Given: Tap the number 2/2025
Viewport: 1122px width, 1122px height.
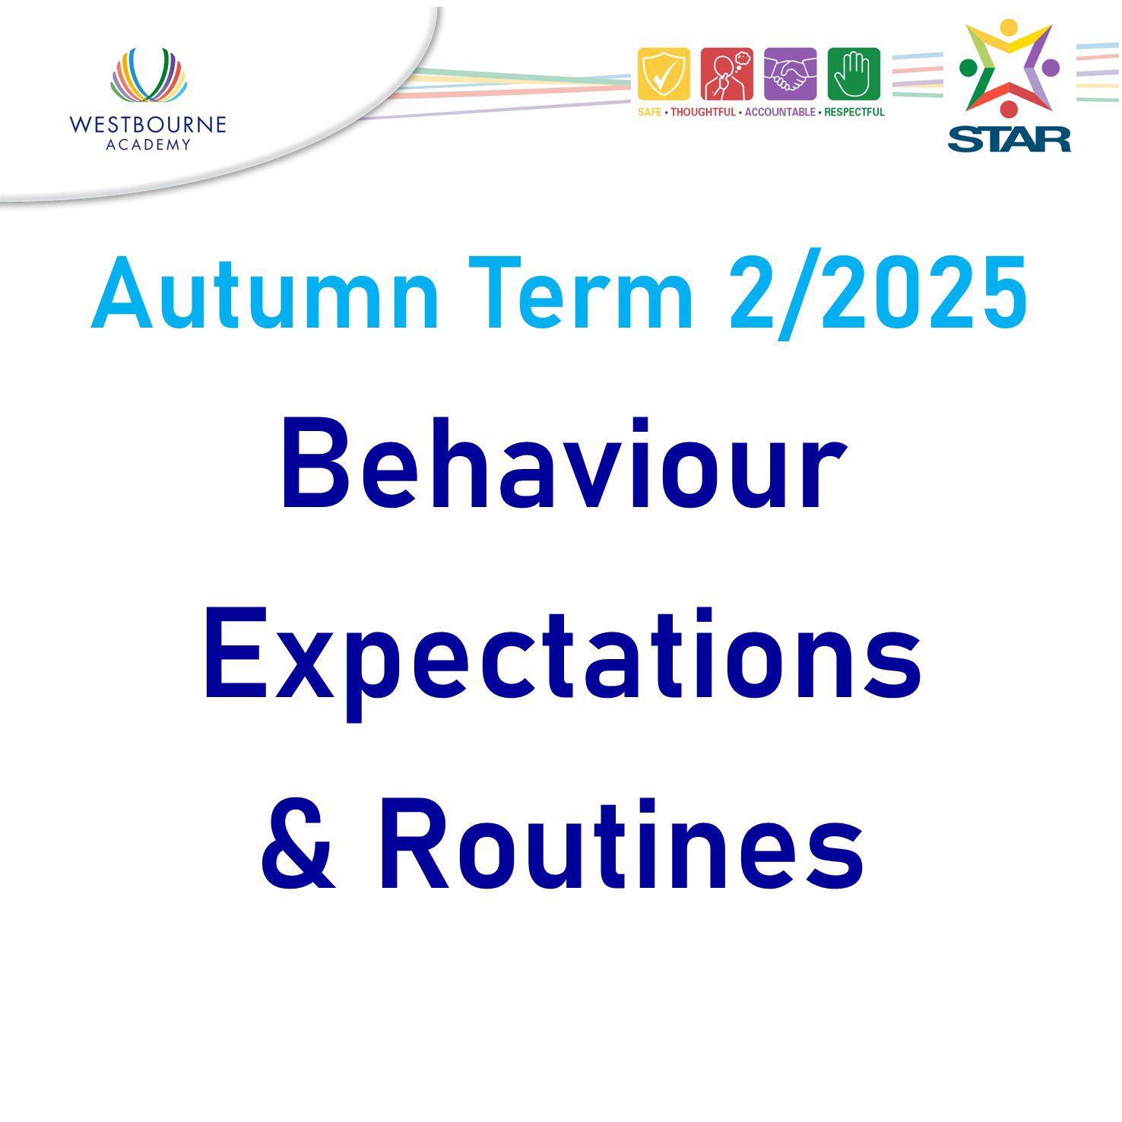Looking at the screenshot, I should coord(878,294).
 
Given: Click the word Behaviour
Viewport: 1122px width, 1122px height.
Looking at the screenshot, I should coord(563,465).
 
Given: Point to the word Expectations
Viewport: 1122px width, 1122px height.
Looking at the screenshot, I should coord(563,655).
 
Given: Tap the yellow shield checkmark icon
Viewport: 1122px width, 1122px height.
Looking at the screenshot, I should coord(664,74).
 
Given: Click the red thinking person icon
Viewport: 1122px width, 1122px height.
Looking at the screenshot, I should coord(727,74).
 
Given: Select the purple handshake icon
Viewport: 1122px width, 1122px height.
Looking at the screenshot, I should coord(790,74).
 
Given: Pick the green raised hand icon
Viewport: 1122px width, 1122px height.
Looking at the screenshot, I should coord(853,74).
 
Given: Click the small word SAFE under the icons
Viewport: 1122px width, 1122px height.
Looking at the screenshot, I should coord(649,113).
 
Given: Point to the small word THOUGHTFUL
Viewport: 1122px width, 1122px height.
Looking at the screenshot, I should coord(703,113).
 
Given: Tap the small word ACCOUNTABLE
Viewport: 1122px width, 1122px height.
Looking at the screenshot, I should coord(780,113).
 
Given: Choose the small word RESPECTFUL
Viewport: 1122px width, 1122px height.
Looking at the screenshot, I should coord(854,113).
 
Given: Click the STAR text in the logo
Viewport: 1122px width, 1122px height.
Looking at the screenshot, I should coord(1009,139).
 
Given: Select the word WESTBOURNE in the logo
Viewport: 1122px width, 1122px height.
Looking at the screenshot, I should coord(147,125).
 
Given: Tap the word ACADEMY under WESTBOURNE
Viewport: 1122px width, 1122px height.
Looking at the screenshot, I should coord(148,145).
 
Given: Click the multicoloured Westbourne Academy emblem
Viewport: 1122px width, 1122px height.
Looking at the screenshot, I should coord(148,75).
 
